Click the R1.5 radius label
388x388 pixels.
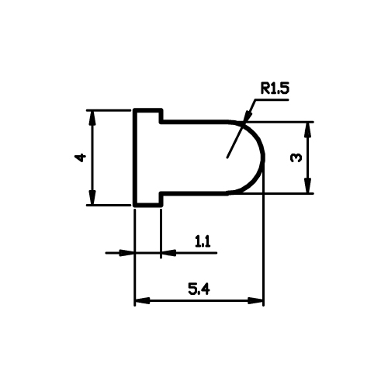click(x=275, y=88)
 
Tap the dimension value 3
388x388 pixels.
click(x=296, y=158)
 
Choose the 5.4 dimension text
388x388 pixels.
click(x=199, y=289)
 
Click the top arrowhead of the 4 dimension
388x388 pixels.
click(x=92, y=118)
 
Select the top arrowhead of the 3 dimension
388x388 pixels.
click(x=307, y=130)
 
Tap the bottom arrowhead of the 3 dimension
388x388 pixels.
click(x=307, y=185)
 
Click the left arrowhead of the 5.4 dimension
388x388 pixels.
click(x=142, y=301)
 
